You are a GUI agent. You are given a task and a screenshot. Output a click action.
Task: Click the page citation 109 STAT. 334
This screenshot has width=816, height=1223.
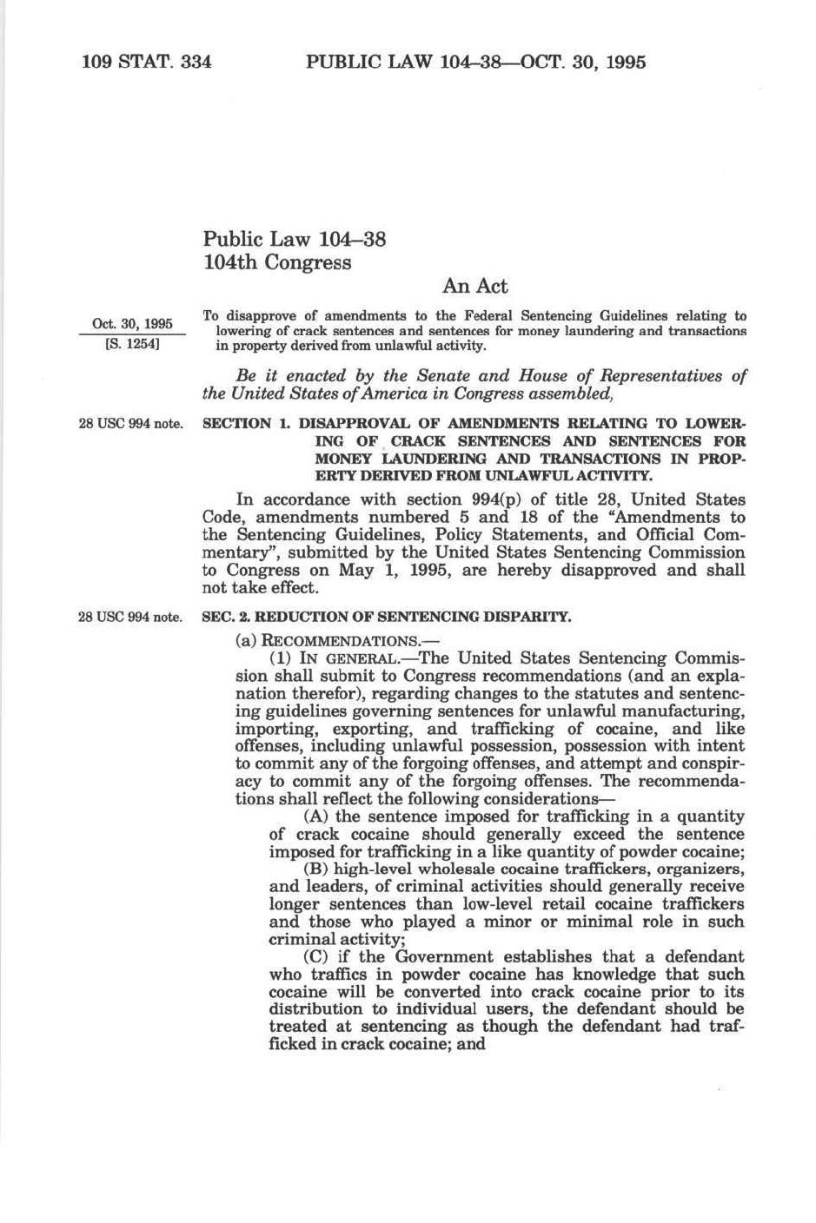point(146,62)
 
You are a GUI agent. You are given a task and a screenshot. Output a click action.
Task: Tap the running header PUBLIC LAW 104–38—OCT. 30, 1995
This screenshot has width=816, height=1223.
point(475,62)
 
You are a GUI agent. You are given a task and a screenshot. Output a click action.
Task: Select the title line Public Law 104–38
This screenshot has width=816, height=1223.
point(294,239)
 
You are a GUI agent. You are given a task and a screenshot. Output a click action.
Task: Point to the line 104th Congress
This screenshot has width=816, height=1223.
point(276,262)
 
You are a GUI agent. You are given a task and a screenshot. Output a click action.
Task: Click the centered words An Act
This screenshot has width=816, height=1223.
point(474,286)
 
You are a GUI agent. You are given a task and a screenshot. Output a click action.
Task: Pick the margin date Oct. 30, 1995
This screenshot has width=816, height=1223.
point(132,324)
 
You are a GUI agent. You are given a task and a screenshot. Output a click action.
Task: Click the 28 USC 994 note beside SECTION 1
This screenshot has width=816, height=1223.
point(130,424)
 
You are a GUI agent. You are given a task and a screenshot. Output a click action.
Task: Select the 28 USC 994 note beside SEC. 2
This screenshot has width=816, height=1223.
point(130,618)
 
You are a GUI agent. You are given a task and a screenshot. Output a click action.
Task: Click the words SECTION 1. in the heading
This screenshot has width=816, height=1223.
point(246,423)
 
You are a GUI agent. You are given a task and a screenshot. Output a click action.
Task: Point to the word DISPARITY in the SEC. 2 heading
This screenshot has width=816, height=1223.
point(534,618)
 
